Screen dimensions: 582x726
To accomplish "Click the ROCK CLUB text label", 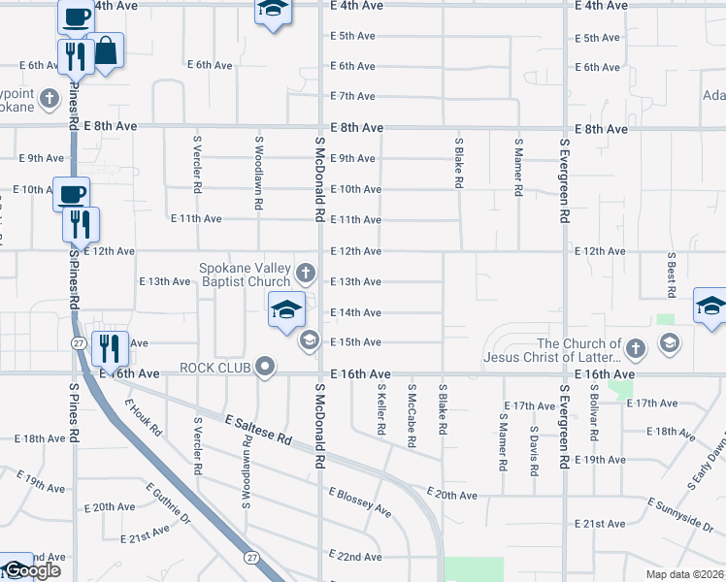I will pos(215,368).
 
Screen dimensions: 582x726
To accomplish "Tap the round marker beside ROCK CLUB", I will pos(264,368).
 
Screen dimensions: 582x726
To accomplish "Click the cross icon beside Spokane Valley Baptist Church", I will pos(307,273).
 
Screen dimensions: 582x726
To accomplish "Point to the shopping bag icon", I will pos(104,51).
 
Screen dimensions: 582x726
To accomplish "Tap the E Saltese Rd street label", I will pos(258,432).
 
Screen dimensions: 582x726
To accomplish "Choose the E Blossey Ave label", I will pos(359,502).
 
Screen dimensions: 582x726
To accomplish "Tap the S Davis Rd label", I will pos(534,449).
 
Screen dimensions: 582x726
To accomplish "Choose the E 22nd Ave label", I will pos(354,557).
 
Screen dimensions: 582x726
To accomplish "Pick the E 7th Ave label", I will pos(352,96).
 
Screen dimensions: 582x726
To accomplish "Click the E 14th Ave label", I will pos(354,312).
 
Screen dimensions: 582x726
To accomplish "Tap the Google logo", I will pos(31,570).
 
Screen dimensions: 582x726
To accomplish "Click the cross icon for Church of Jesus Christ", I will pos(635,347).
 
